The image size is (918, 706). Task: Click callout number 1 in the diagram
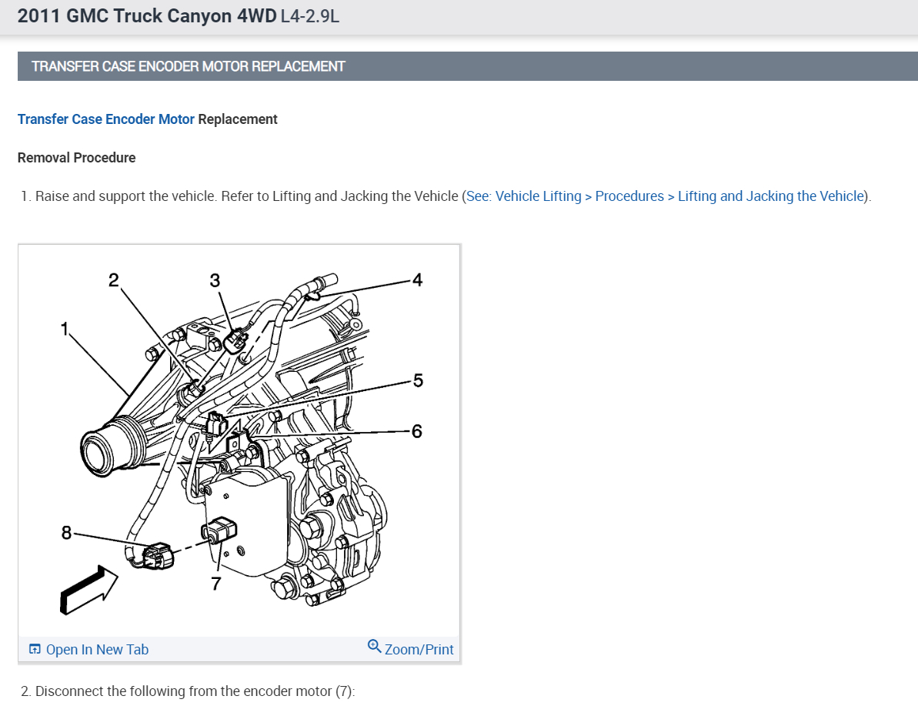tap(65, 329)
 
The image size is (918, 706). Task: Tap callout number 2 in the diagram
tap(114, 279)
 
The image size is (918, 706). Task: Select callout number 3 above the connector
tap(215, 280)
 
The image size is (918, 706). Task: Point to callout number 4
tap(417, 279)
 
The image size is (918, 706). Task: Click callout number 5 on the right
tap(417, 380)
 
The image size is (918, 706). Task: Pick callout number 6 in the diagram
tap(417, 431)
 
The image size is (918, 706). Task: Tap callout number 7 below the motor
tap(216, 584)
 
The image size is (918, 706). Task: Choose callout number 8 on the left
tap(67, 532)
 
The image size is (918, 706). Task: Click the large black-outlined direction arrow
tap(88, 589)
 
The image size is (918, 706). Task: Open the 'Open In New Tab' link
tap(89, 650)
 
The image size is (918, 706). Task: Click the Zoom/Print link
tap(419, 650)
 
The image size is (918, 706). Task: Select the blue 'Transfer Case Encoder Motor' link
tap(105, 119)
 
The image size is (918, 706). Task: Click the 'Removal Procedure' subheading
tap(76, 158)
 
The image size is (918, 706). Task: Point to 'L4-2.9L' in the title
tap(310, 16)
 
